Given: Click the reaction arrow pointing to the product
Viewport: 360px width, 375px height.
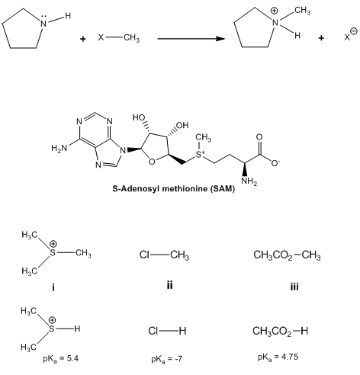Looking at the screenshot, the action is coord(191,39).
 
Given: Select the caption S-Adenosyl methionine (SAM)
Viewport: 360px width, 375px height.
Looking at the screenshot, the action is coord(174,189).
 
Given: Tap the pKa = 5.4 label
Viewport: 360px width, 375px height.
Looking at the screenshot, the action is coord(60,359).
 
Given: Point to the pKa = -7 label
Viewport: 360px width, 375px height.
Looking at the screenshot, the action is coord(167,359).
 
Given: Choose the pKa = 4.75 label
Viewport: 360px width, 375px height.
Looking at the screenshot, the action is coord(278,357).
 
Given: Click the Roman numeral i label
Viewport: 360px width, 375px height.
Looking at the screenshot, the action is coord(53,287).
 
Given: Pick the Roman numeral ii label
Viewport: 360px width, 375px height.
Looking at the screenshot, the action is coord(169,285).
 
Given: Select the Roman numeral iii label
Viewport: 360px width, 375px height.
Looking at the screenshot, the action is coord(294,287).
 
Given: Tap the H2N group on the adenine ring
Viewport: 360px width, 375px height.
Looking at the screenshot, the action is coord(59,148).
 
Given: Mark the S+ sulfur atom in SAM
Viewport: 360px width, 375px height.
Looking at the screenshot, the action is coord(201,154).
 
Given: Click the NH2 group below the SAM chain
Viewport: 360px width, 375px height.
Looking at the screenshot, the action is coord(249,181).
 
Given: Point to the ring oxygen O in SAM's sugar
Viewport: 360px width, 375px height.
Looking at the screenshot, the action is coord(152,162).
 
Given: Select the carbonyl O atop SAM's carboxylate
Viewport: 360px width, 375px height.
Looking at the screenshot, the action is coord(259,137).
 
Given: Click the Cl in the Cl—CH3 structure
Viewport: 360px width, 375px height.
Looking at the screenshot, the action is coord(144,255).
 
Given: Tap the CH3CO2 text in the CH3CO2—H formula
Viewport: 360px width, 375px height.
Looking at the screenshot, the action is coord(272,332).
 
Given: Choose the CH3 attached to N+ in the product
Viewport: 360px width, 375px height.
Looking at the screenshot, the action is coord(303,11).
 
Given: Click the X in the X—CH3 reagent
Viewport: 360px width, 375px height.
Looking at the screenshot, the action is coord(101,37).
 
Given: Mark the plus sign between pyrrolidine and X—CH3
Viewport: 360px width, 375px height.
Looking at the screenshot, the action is coord(82,39).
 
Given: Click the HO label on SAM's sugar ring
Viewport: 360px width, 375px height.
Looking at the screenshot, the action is coord(139,117).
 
